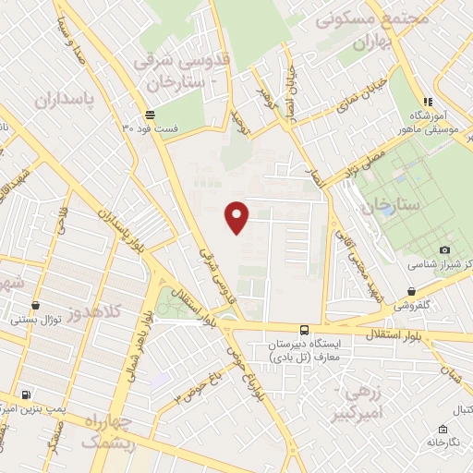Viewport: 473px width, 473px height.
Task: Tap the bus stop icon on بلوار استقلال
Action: tap(304, 330)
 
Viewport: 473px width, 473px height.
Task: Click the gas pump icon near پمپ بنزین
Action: tap(25, 394)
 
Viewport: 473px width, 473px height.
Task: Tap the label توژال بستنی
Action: tap(35, 319)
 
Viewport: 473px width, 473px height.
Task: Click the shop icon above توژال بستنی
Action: tap(35, 305)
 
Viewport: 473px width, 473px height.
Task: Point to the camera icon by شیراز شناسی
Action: tap(445, 250)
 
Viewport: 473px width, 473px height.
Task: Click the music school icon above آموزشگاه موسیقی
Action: tap(427, 102)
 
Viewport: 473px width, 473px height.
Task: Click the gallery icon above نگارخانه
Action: tap(444, 429)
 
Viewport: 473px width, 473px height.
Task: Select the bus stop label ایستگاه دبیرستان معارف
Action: tap(304, 350)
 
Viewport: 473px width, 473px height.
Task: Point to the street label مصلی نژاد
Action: tap(365, 154)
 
